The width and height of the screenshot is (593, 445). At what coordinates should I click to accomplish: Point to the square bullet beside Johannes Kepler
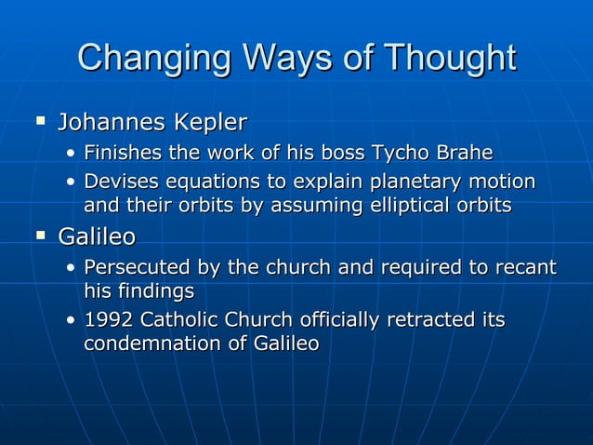(39, 120)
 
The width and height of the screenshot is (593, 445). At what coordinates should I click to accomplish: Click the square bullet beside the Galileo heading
(39, 236)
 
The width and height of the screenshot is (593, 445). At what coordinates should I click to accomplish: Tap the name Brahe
(462, 153)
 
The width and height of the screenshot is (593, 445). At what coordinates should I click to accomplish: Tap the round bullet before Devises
(72, 181)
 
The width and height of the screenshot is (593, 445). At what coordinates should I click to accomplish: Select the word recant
(523, 269)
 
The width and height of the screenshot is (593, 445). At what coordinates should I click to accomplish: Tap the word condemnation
(153, 344)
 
